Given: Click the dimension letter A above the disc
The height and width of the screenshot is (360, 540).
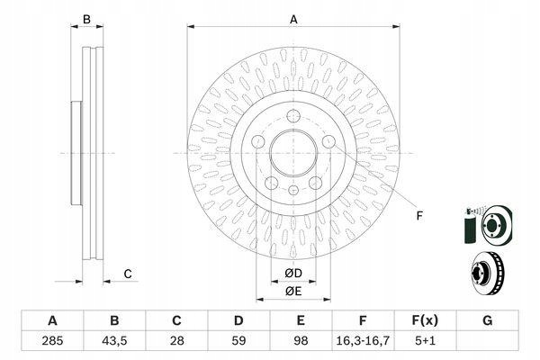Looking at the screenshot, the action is (x=293, y=19).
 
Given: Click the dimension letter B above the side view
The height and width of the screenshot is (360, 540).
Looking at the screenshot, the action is (x=86, y=19).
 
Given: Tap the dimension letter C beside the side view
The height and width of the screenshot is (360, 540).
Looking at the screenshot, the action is (x=128, y=274).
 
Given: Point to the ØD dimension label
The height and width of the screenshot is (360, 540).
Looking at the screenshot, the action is (x=293, y=274).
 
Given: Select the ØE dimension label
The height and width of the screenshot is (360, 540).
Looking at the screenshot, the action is (x=293, y=292).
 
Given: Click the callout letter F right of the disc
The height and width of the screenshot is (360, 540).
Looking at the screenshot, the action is (x=419, y=216).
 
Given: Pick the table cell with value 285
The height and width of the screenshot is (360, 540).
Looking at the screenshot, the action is (x=52, y=341).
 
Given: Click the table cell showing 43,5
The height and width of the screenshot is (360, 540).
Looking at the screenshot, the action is (x=114, y=341).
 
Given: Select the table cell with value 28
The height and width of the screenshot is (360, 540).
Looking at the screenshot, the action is (x=176, y=341).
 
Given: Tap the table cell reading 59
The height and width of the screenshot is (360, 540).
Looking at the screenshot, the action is (x=238, y=341).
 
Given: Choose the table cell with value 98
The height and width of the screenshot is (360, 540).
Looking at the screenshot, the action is (x=301, y=341).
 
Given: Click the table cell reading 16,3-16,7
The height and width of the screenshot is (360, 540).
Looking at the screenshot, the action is (x=363, y=341).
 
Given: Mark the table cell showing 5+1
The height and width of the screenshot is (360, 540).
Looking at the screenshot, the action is (x=426, y=341).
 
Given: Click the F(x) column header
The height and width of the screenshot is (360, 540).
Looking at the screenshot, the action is (x=426, y=320).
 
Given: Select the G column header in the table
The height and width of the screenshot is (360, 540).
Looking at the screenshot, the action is (x=487, y=320).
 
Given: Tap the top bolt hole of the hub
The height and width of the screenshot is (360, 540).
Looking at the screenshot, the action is (x=293, y=116).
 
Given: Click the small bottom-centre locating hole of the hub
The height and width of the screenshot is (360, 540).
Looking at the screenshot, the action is (x=293, y=190).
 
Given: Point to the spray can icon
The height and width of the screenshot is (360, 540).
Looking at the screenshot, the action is (x=470, y=226).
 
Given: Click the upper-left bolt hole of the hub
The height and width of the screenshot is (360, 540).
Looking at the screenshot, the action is (x=258, y=141).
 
